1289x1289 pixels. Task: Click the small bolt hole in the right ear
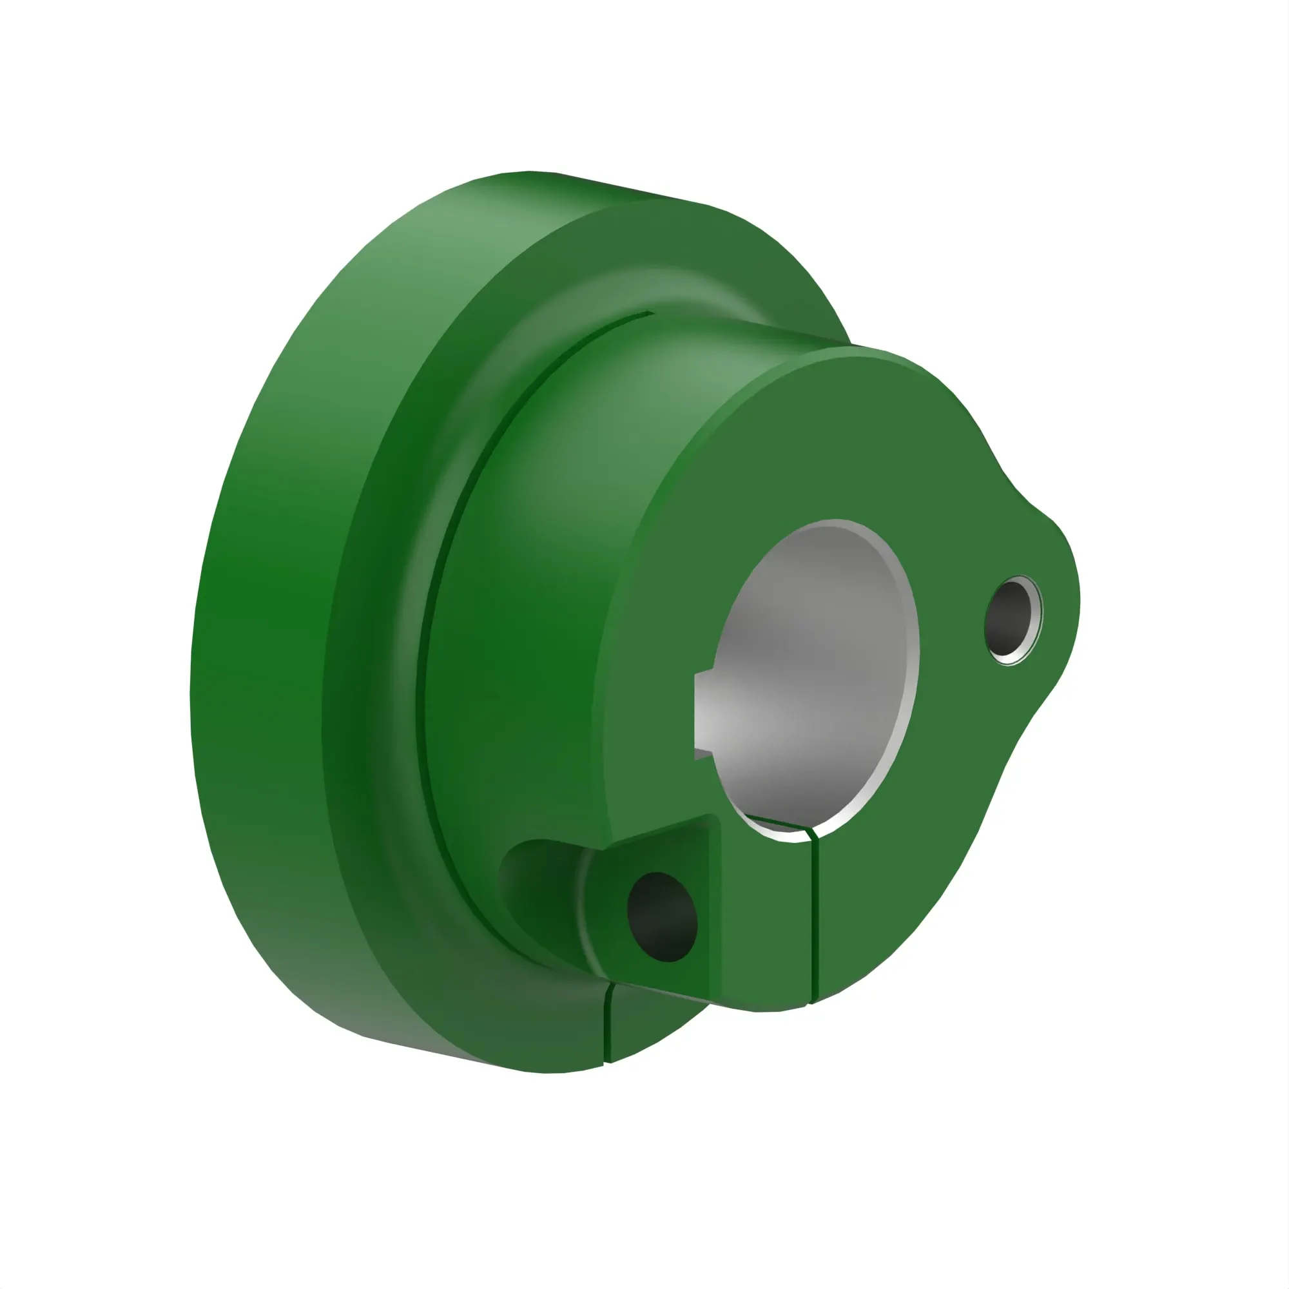pyautogui.click(x=1011, y=621)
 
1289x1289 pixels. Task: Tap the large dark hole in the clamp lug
pyautogui.click(x=662, y=916)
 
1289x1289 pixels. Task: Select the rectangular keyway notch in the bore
pyautogui.click(x=704, y=716)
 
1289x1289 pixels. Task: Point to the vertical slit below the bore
pyautogui.click(x=815, y=921)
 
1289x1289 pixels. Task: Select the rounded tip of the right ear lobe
pyautogui.click(x=1067, y=587)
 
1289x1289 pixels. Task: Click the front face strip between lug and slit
pyautogui.click(x=767, y=921)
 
